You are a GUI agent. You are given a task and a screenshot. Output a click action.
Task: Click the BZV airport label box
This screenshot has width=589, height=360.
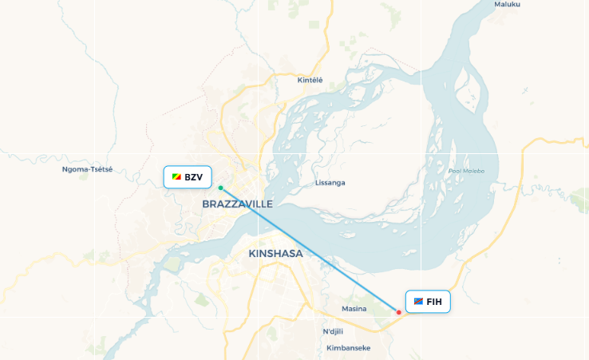(x=187, y=177)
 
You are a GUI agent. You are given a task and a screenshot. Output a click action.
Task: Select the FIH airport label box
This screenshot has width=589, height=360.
(x=428, y=302)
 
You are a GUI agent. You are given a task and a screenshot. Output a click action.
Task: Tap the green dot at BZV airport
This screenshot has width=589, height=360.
(x=220, y=188)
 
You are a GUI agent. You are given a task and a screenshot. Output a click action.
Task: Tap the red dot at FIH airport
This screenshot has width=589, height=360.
(x=399, y=312)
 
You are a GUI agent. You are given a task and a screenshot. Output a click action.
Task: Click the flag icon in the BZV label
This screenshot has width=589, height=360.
(x=176, y=177)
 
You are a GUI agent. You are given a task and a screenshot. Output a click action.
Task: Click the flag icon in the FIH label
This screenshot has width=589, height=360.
(x=418, y=302)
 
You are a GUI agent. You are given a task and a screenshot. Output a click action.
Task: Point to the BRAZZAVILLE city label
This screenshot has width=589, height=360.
(x=238, y=204)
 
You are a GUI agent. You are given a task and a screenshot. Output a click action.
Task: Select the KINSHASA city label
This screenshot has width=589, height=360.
(x=276, y=254)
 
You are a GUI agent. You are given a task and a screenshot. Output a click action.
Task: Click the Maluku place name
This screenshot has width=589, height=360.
(x=507, y=4)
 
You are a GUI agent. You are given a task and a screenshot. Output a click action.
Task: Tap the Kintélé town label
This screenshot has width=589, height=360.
(x=310, y=80)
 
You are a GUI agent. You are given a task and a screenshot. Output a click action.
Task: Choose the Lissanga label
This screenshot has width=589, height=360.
(x=330, y=183)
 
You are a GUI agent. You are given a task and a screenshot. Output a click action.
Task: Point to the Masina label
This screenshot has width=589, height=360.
(x=354, y=308)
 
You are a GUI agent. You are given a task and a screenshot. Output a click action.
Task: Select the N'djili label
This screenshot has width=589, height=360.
(x=337, y=331)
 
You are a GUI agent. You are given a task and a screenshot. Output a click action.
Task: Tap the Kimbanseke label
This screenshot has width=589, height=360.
(x=349, y=348)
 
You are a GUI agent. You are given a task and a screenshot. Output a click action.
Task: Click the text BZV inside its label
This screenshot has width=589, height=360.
(x=194, y=177)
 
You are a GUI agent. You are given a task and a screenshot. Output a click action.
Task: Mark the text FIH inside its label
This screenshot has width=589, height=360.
(x=434, y=302)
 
